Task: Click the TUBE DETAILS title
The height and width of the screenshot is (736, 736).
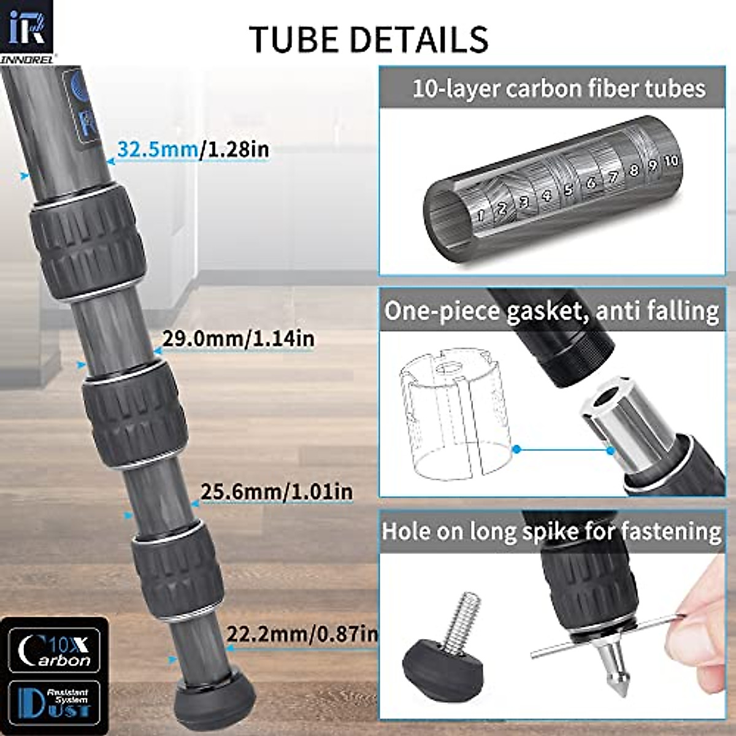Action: click(368, 38)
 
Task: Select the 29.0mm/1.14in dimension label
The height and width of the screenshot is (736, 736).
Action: click(238, 338)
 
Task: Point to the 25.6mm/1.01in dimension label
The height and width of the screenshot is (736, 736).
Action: click(277, 491)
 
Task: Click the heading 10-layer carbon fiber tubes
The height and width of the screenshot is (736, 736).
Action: click(558, 89)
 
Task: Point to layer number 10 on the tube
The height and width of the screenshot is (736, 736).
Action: click(672, 160)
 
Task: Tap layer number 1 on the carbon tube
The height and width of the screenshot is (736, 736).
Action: click(481, 215)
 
